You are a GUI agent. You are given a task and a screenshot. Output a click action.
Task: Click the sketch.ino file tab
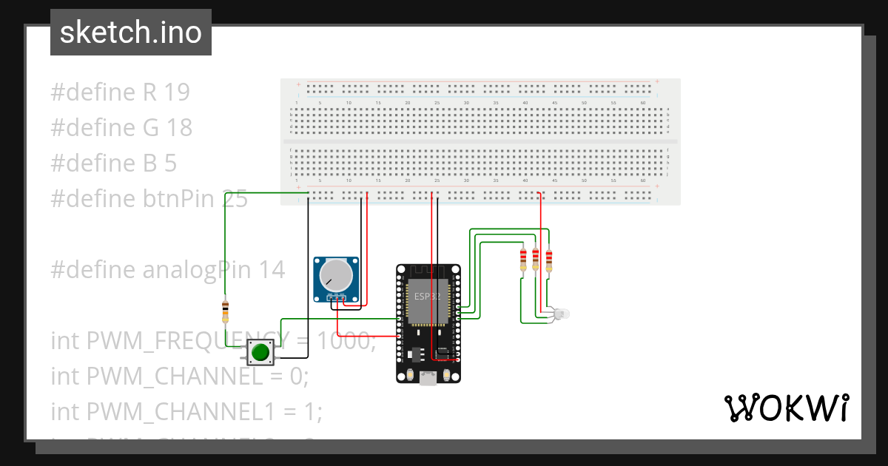pyautogui.click(x=131, y=33)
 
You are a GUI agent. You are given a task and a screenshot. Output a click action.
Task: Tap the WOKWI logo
pyautogui.click(x=785, y=408)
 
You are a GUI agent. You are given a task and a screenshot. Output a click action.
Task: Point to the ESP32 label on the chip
pyautogui.click(x=427, y=296)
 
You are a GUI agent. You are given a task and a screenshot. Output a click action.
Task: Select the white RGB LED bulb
pyautogui.click(x=560, y=314)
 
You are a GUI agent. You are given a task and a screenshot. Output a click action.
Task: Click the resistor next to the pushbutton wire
pyautogui.click(x=225, y=311)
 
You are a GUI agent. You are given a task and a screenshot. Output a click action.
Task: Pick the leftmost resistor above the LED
pyautogui.click(x=525, y=259)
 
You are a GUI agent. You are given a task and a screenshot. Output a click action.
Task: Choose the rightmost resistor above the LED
pyautogui.click(x=548, y=260)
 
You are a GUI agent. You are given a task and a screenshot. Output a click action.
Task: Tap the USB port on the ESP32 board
pyautogui.click(x=428, y=379)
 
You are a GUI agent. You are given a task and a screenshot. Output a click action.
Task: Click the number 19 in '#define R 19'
pyautogui.click(x=176, y=92)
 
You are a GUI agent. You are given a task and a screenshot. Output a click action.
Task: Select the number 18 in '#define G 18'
pyautogui.click(x=178, y=128)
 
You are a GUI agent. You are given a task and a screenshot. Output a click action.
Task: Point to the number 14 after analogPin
pyautogui.click(x=271, y=270)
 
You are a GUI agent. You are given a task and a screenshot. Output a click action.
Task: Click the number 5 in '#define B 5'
pyautogui.click(x=170, y=163)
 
